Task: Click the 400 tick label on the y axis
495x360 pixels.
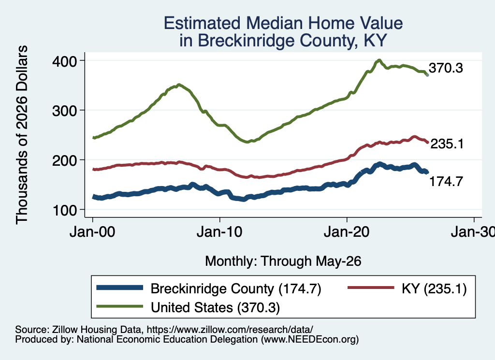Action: coord(64,61)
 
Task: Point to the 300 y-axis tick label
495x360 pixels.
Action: coord(64,111)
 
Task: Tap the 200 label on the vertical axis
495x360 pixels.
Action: coord(64,160)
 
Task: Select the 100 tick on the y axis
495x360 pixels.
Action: coord(65,211)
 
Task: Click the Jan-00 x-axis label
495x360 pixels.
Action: coord(92,232)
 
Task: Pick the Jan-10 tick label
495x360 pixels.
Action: coord(219,232)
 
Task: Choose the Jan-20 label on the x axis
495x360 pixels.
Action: coord(347,232)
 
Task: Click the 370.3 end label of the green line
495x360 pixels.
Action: coord(446,68)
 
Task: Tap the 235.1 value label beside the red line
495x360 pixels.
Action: coord(447,144)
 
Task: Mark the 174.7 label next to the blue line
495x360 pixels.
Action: coord(446,181)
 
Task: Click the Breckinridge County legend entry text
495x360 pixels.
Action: coord(236,288)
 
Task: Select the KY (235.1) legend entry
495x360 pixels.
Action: coord(434,288)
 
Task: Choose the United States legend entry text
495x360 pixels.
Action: coord(215,307)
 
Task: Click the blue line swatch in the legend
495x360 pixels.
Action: coord(120,288)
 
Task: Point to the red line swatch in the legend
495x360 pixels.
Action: coord(371,288)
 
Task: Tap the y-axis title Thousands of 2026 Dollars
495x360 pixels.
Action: coord(22,135)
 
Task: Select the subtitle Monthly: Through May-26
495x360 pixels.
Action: coord(283,261)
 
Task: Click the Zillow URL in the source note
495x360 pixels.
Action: coord(230,330)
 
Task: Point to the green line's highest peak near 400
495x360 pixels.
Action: coord(379,60)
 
